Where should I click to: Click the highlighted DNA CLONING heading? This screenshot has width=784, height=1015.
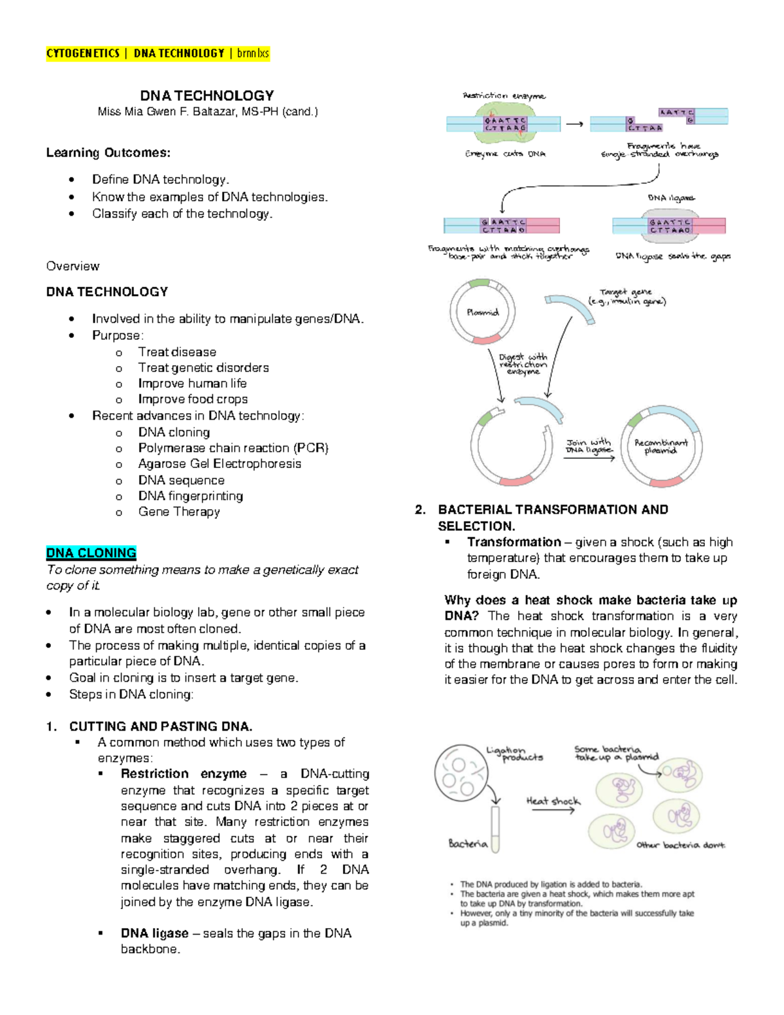[91, 553]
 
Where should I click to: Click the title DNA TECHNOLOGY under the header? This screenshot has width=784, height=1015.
[206, 95]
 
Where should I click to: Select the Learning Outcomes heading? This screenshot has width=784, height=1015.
[108, 153]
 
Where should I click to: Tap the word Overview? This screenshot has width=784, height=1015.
[73, 266]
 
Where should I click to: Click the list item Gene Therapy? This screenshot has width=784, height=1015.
[178, 512]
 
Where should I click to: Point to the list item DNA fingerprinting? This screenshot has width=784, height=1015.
[190, 496]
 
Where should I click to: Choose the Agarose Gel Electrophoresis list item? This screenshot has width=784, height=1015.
[220, 464]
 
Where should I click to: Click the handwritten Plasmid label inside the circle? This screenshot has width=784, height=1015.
[482, 312]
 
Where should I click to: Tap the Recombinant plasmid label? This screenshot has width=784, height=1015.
[661, 446]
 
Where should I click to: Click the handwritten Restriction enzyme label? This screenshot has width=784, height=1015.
[504, 96]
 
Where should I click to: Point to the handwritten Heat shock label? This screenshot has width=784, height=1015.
[553, 801]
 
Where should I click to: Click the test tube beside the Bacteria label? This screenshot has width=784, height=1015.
[495, 829]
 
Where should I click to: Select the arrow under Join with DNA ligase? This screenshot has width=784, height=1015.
[589, 458]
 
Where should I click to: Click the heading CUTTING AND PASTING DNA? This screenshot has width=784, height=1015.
[160, 726]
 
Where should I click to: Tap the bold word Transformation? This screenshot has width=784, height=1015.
[514, 542]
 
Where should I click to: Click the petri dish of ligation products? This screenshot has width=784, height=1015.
[460, 773]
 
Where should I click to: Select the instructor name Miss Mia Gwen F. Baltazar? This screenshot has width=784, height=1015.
[208, 112]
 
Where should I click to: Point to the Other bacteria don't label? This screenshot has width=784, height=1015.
[680, 845]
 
